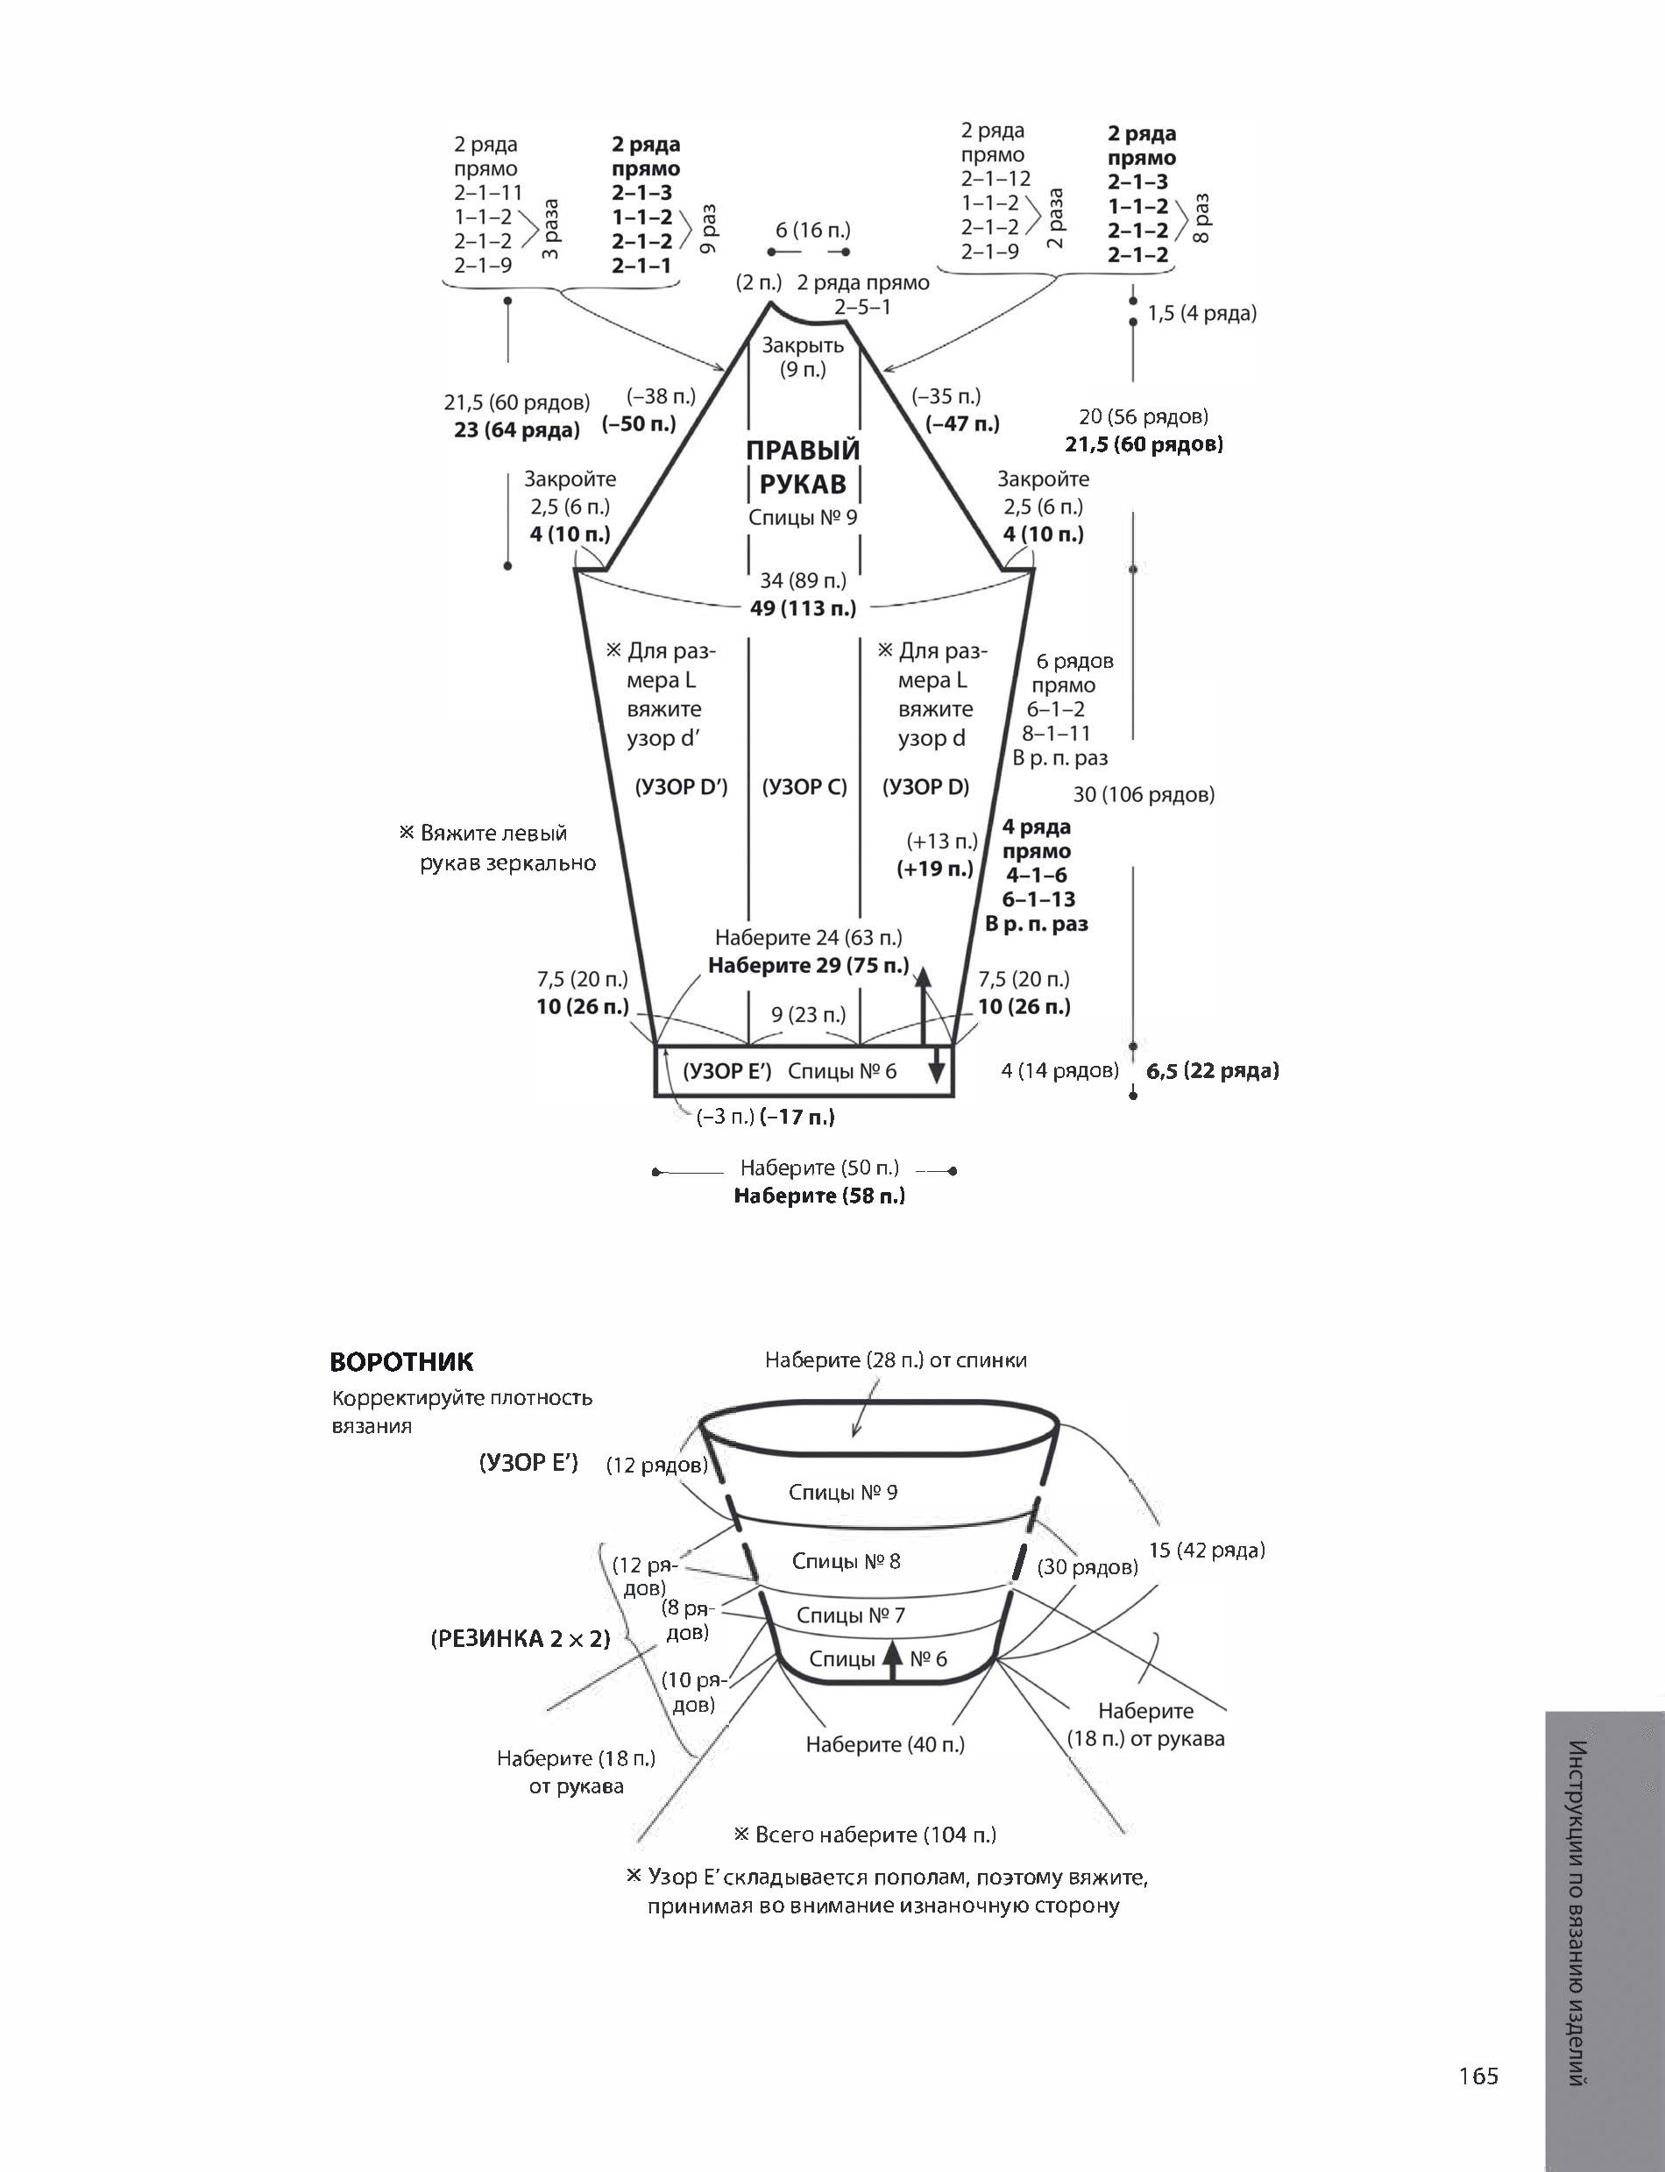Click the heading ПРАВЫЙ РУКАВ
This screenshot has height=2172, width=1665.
coord(803,467)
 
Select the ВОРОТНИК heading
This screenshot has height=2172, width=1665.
coord(401,1362)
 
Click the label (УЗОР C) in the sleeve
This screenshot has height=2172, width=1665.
coord(804,787)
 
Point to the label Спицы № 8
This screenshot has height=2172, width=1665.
coord(846,1561)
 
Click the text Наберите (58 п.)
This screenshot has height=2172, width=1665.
coord(819,1196)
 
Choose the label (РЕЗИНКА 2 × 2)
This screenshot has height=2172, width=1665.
coord(521,1639)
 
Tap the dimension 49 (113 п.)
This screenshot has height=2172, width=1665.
coord(803,607)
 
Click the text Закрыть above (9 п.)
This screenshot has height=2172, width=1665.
coord(803,345)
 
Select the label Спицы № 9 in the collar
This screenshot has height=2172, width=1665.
coord(842,1492)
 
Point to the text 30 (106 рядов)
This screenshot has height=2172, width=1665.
coord(1144,794)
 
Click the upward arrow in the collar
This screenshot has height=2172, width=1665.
coord(892,1659)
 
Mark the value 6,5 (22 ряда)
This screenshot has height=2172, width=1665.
coord(1212,1070)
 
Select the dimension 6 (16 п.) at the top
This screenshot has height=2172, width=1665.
coord(812,230)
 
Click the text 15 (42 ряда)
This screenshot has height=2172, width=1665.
coord(1206,1551)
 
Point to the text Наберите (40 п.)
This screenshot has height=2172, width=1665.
coord(885,1743)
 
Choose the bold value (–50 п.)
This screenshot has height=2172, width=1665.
coord(639,424)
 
